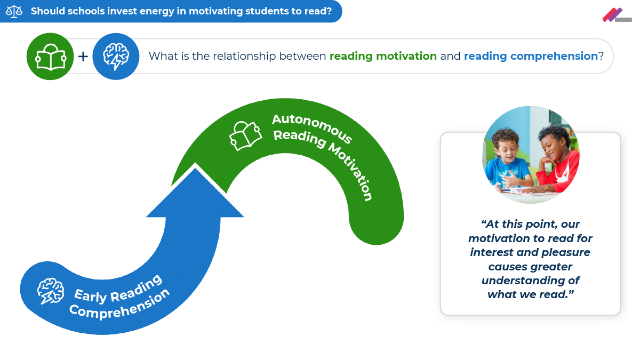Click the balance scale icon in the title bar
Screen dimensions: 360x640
coord(14,11)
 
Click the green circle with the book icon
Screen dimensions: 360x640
coord(50,56)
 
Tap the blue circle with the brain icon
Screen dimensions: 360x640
coord(116,56)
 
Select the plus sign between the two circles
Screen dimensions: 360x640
coord(83,56)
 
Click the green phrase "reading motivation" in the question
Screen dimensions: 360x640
coord(383,56)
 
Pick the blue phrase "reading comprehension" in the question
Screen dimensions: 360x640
coord(531,56)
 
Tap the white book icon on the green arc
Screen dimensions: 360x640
coord(245,135)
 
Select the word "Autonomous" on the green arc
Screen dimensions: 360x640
coord(311,128)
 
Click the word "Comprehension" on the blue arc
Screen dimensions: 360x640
coord(119,303)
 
